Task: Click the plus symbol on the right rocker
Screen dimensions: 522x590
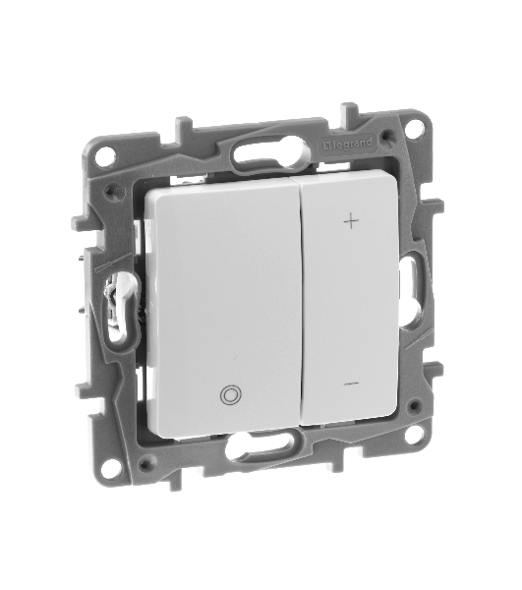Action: click(351, 222)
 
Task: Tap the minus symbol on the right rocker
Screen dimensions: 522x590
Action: click(351, 383)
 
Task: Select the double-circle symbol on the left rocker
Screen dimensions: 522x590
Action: click(230, 395)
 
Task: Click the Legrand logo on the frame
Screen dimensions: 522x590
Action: click(348, 144)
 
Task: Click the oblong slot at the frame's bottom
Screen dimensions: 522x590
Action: click(259, 448)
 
